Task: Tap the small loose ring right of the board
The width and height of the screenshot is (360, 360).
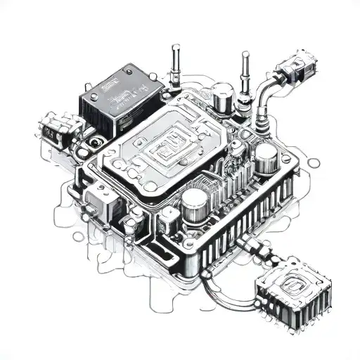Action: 314,163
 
